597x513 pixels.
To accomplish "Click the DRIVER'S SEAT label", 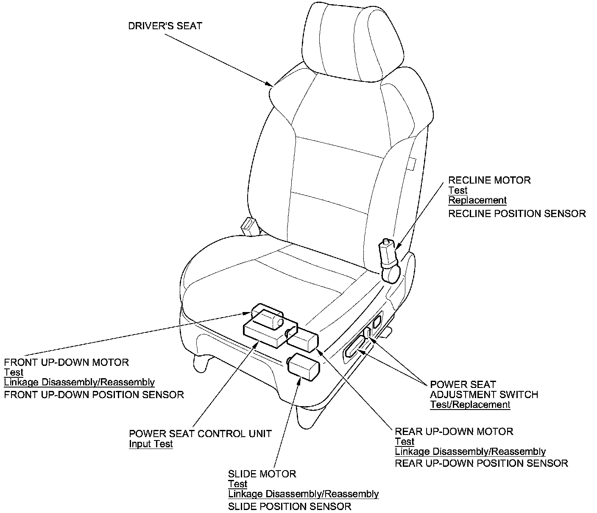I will pyautogui.click(x=165, y=26).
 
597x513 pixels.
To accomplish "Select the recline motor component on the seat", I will pyautogui.click(x=389, y=261).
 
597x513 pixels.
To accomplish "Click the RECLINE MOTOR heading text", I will pyautogui.click(x=489, y=180).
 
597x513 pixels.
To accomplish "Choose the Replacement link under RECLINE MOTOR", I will pyautogui.click(x=477, y=200).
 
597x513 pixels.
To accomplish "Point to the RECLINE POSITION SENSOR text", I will pyautogui.click(x=517, y=213).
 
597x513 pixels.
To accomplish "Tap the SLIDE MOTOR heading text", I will pyautogui.click(x=262, y=474).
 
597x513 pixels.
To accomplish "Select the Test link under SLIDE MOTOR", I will pyautogui.click(x=237, y=484).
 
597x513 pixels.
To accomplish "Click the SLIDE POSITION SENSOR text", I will pyautogui.click(x=290, y=506).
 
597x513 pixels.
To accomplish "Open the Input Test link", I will pyautogui.click(x=151, y=444).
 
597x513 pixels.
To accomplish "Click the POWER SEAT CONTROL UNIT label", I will pyautogui.click(x=200, y=434).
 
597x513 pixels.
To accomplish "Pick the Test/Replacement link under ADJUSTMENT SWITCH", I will pyautogui.click(x=470, y=404).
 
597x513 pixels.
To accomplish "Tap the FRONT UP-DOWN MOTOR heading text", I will pyautogui.click(x=67, y=362).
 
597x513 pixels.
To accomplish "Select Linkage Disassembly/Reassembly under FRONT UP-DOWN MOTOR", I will pyautogui.click(x=79, y=382).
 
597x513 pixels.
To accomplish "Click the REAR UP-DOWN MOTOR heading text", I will pyautogui.click(x=454, y=432).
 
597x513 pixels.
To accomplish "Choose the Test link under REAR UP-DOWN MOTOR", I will pyautogui.click(x=405, y=441).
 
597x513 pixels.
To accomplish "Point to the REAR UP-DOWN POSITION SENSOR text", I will pyautogui.click(x=481, y=463).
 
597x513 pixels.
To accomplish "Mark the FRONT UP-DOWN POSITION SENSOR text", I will pyautogui.click(x=94, y=395).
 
